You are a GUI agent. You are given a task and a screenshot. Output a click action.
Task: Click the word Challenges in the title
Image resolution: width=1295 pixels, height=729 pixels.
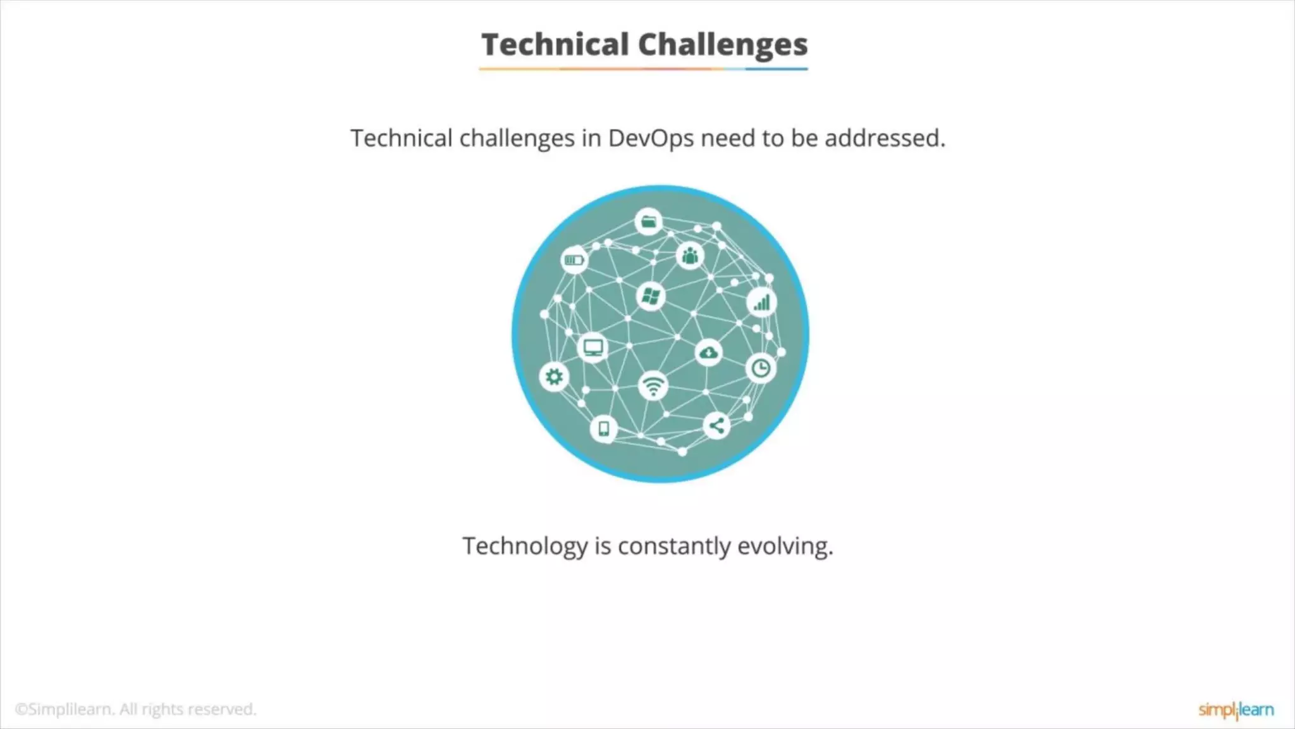click(723, 45)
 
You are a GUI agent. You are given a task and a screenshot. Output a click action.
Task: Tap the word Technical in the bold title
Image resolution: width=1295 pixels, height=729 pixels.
click(555, 45)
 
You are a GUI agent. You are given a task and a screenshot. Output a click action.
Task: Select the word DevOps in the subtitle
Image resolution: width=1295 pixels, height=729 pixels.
click(651, 138)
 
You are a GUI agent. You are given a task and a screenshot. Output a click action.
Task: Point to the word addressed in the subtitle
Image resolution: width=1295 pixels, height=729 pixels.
click(885, 138)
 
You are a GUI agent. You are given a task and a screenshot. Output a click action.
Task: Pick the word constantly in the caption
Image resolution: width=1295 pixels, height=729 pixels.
click(674, 545)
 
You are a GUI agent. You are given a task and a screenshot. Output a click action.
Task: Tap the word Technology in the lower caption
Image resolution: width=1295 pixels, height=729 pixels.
click(525, 545)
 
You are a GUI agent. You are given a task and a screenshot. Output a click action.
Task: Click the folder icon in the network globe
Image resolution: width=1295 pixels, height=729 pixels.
click(649, 221)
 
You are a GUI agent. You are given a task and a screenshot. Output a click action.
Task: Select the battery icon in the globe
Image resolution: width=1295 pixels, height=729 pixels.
click(574, 259)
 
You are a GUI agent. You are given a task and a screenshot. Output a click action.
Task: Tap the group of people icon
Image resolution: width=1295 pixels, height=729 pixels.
click(690, 256)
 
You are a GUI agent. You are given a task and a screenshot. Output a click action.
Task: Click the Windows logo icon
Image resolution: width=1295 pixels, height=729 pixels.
click(651, 296)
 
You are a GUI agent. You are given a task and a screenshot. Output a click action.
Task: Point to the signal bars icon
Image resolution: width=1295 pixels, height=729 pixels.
click(761, 302)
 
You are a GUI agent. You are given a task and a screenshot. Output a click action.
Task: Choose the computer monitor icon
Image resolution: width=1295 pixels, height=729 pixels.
click(593, 347)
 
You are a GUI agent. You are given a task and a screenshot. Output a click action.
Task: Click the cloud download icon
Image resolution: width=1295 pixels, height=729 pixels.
click(708, 352)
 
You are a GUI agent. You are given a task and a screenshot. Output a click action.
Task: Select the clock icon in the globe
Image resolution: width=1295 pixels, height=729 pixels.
click(761, 368)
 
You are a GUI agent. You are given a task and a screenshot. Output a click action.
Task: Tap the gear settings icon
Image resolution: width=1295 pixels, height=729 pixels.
click(554, 377)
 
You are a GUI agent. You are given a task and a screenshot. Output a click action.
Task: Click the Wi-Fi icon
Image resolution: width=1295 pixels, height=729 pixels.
click(653, 385)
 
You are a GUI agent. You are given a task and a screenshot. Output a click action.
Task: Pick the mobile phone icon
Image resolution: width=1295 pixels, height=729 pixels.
click(604, 428)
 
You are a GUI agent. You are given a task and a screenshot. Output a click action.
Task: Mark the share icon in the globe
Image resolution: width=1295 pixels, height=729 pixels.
click(716, 425)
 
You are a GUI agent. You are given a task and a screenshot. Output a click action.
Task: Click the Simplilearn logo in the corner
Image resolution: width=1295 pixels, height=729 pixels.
click(1236, 710)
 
